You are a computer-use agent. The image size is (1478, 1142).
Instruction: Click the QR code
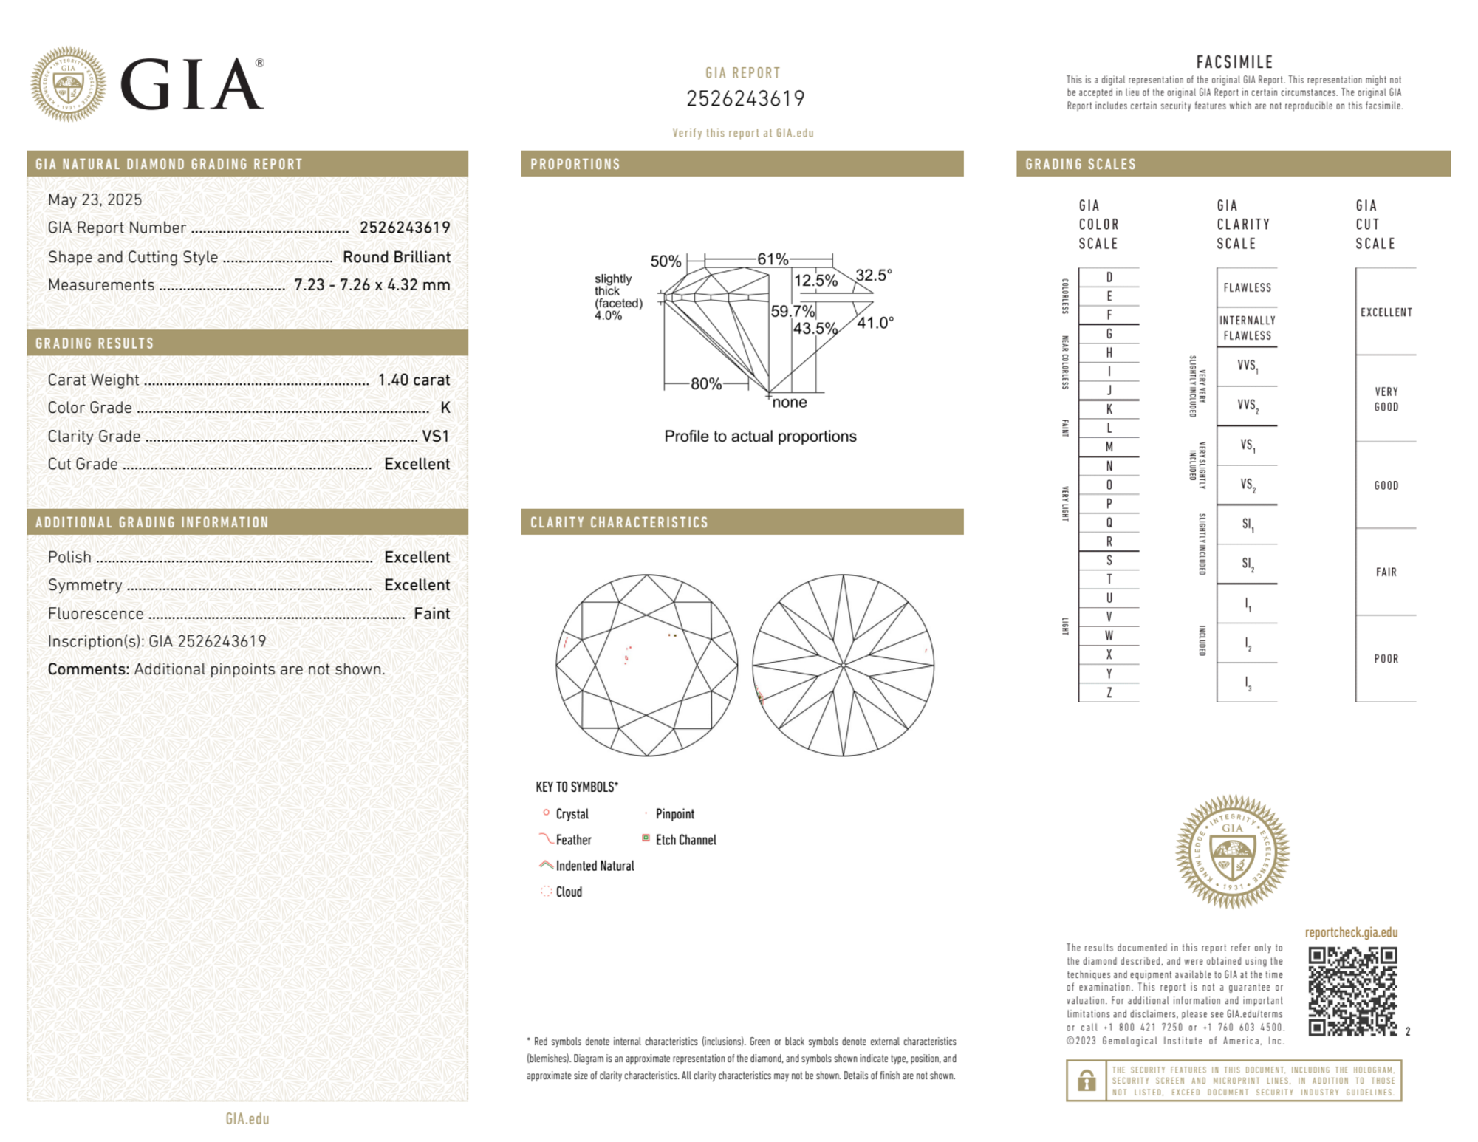click(1352, 991)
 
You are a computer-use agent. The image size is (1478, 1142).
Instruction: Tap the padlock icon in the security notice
click(1086, 1081)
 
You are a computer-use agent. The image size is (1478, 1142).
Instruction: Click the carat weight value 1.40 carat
click(414, 380)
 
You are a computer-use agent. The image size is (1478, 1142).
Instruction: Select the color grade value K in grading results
click(445, 408)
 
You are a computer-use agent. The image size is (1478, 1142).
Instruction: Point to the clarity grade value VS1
click(435, 437)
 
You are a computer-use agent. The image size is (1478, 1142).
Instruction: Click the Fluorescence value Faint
click(431, 613)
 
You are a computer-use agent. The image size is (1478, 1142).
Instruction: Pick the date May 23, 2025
click(95, 199)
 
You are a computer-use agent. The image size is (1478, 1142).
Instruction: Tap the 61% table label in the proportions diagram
click(772, 259)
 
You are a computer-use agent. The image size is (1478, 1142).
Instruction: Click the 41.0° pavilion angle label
click(875, 323)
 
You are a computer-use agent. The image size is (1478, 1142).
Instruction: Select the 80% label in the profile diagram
click(705, 383)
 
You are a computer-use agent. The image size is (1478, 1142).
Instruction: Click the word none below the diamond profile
click(789, 403)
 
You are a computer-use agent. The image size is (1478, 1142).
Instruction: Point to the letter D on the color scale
click(1109, 277)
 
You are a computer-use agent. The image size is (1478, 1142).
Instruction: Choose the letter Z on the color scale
click(1109, 692)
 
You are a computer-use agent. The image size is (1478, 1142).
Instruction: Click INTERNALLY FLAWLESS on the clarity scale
click(1247, 328)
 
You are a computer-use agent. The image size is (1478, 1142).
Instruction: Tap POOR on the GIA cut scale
click(1386, 658)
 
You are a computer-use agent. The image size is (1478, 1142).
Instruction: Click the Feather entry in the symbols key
click(573, 840)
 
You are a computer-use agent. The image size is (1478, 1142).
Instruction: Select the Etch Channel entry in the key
click(685, 840)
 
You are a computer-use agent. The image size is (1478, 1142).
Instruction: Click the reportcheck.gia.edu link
click(1350, 932)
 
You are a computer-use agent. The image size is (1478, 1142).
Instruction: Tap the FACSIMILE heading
click(1234, 63)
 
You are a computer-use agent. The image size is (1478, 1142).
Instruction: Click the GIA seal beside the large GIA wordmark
click(68, 84)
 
